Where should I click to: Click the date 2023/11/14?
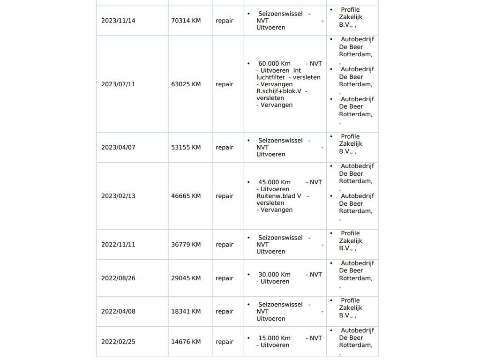(118, 21)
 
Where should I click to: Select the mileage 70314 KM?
(186, 21)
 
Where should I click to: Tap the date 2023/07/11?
(118, 84)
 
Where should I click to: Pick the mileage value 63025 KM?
(186, 84)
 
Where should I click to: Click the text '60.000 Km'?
(274, 64)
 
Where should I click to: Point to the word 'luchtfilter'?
(270, 77)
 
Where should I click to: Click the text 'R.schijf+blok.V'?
(279, 91)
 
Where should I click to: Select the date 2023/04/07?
(118, 147)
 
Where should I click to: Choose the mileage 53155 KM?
(186, 147)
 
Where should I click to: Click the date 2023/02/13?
(118, 196)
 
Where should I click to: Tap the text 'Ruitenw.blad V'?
(279, 196)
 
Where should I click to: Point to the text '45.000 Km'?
(274, 182)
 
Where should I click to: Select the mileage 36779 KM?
(186, 245)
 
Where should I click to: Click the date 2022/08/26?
(118, 278)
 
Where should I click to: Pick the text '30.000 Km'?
(274, 275)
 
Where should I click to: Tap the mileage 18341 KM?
(186, 311)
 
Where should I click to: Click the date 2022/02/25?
(118, 342)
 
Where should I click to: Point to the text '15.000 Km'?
(274, 338)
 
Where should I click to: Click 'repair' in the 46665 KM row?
(225, 196)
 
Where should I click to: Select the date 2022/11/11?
(118, 245)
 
